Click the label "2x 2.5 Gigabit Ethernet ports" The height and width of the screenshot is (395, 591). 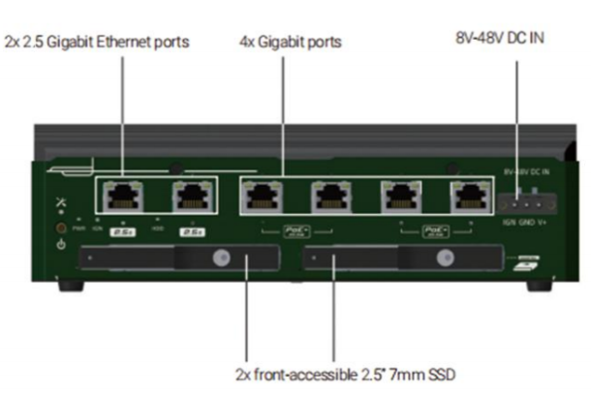(99, 43)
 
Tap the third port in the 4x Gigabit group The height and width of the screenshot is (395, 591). (397, 197)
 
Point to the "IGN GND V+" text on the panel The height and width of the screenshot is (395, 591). (525, 222)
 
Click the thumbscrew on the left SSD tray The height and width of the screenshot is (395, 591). (222, 258)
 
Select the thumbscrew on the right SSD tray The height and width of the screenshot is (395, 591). (445, 258)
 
